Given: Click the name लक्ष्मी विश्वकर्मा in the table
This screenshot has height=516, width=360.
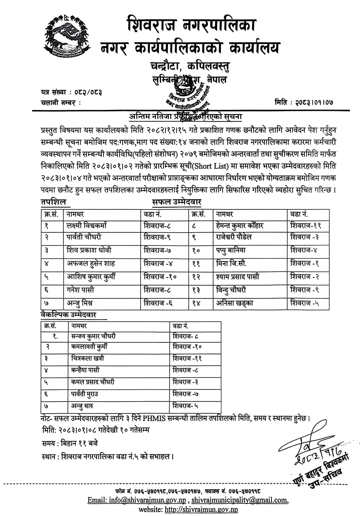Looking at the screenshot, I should (x=87, y=225).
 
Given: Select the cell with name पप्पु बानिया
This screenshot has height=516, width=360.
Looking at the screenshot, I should (x=231, y=250).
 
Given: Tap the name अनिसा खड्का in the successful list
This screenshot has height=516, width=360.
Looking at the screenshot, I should (x=235, y=303).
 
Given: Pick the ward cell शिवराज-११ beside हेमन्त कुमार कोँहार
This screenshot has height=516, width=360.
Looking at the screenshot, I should (x=306, y=225).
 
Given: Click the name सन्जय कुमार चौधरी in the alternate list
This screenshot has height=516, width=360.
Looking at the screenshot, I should (x=93, y=336).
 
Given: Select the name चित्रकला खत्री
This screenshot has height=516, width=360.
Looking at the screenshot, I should (x=88, y=358).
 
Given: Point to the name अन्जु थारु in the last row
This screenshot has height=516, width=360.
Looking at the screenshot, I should (x=82, y=406).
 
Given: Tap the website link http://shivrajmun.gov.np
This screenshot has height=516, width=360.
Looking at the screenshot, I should (x=201, y=510).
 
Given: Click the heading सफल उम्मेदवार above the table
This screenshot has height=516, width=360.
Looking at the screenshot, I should (x=176, y=202).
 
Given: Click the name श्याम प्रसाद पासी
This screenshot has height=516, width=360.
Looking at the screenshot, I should (x=237, y=277).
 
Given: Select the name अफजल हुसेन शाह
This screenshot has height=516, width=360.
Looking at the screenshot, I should (x=91, y=263).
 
